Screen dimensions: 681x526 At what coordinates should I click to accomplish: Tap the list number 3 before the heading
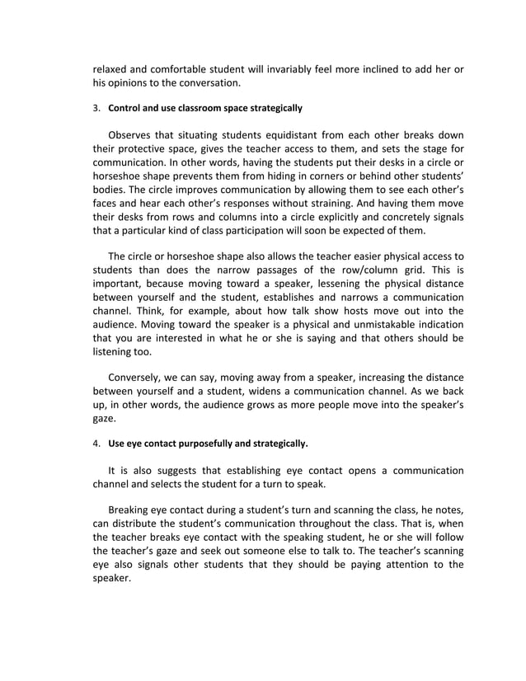[x=95, y=108]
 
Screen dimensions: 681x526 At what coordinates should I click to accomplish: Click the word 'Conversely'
[x=138, y=379]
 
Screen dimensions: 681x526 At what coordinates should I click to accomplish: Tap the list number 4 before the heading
[x=95, y=444]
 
